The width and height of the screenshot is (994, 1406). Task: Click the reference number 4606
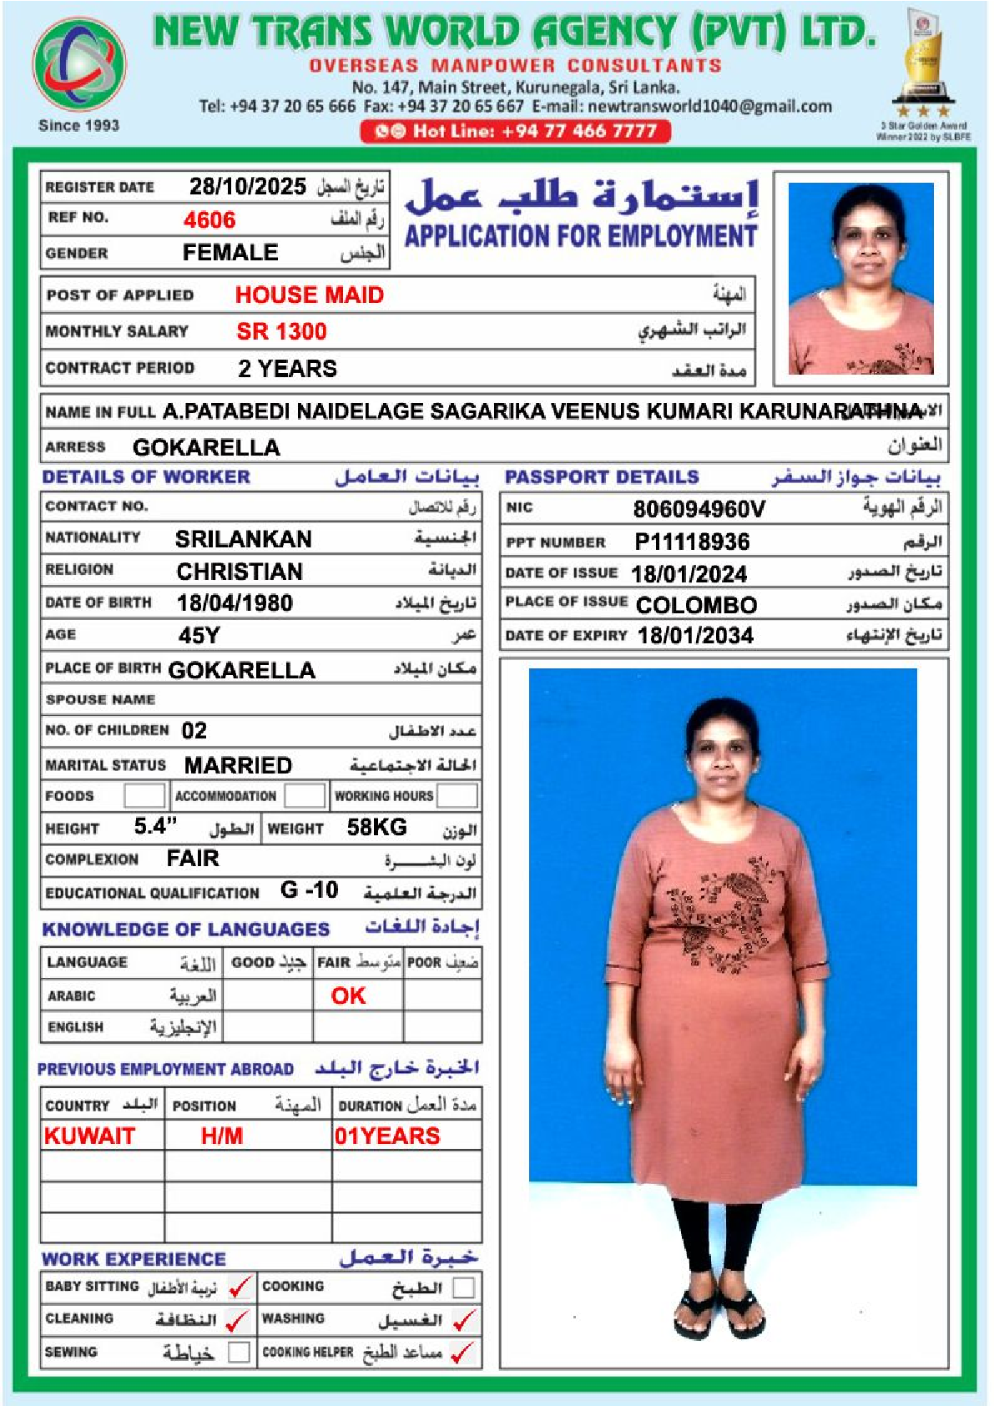(x=209, y=220)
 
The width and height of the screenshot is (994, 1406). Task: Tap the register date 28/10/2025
(x=247, y=186)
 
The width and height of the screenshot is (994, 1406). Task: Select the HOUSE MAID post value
(x=309, y=295)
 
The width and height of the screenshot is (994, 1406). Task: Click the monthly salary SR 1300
(x=281, y=332)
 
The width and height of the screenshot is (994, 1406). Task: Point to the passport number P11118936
(x=692, y=542)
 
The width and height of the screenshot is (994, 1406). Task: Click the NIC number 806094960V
(x=699, y=509)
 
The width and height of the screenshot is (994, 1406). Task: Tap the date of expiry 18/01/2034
(x=695, y=636)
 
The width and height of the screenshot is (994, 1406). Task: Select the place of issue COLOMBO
(x=696, y=605)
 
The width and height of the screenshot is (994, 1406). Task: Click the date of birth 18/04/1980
(x=235, y=603)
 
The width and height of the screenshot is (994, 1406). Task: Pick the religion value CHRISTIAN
(x=240, y=572)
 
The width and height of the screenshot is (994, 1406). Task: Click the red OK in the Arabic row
(x=348, y=995)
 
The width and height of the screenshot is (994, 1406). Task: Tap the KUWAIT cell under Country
(x=89, y=1136)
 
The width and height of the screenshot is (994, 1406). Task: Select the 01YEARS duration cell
(x=387, y=1136)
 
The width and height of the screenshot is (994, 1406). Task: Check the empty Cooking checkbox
(x=463, y=1288)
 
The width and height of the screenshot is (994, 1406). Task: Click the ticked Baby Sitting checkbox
(x=240, y=1288)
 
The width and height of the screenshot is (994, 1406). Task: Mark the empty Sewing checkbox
(x=239, y=1352)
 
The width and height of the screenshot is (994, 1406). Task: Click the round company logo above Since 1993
(x=79, y=64)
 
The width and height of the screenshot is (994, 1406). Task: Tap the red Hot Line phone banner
(x=515, y=131)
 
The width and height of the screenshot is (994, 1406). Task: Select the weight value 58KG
(x=376, y=828)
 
